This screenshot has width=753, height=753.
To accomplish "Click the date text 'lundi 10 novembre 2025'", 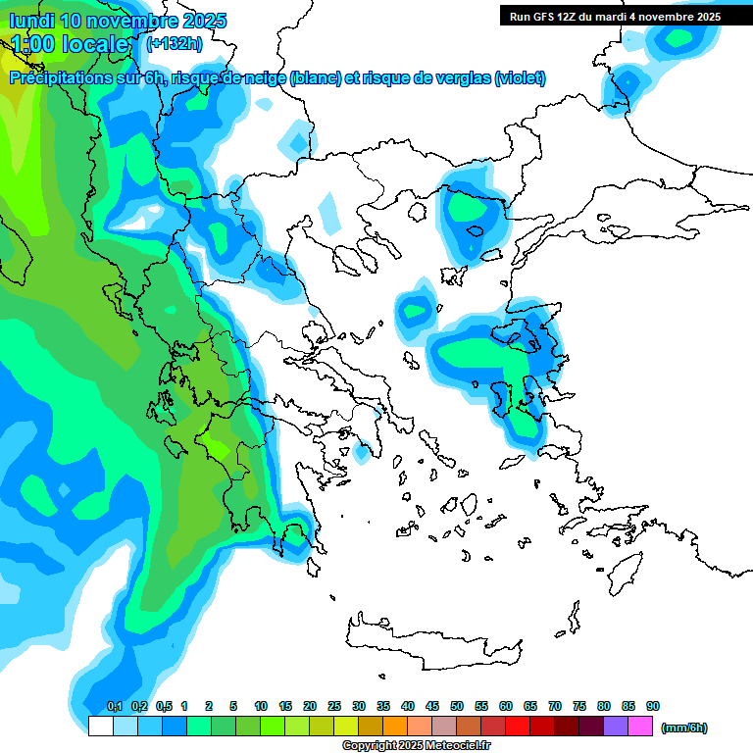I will [118, 21].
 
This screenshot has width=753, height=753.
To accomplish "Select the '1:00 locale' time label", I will [70, 44].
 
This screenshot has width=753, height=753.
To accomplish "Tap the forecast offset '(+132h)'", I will [175, 43].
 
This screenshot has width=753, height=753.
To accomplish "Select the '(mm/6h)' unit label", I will [684, 728].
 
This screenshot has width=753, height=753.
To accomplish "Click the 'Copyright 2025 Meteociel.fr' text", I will [417, 746].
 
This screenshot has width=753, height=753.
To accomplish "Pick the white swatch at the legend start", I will [100, 727].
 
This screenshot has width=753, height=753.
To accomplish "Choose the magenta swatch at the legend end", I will [640, 727].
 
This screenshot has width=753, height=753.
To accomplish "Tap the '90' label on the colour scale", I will [653, 707].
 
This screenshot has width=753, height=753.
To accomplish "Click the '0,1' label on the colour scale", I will [114, 707].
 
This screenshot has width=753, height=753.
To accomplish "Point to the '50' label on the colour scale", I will [457, 707].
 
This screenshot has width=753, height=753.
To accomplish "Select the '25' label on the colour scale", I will [334, 707].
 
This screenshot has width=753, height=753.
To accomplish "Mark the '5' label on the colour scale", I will [233, 707].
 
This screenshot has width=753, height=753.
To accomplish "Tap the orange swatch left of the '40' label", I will [395, 727].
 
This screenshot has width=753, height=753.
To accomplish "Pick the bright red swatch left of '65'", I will [518, 727].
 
